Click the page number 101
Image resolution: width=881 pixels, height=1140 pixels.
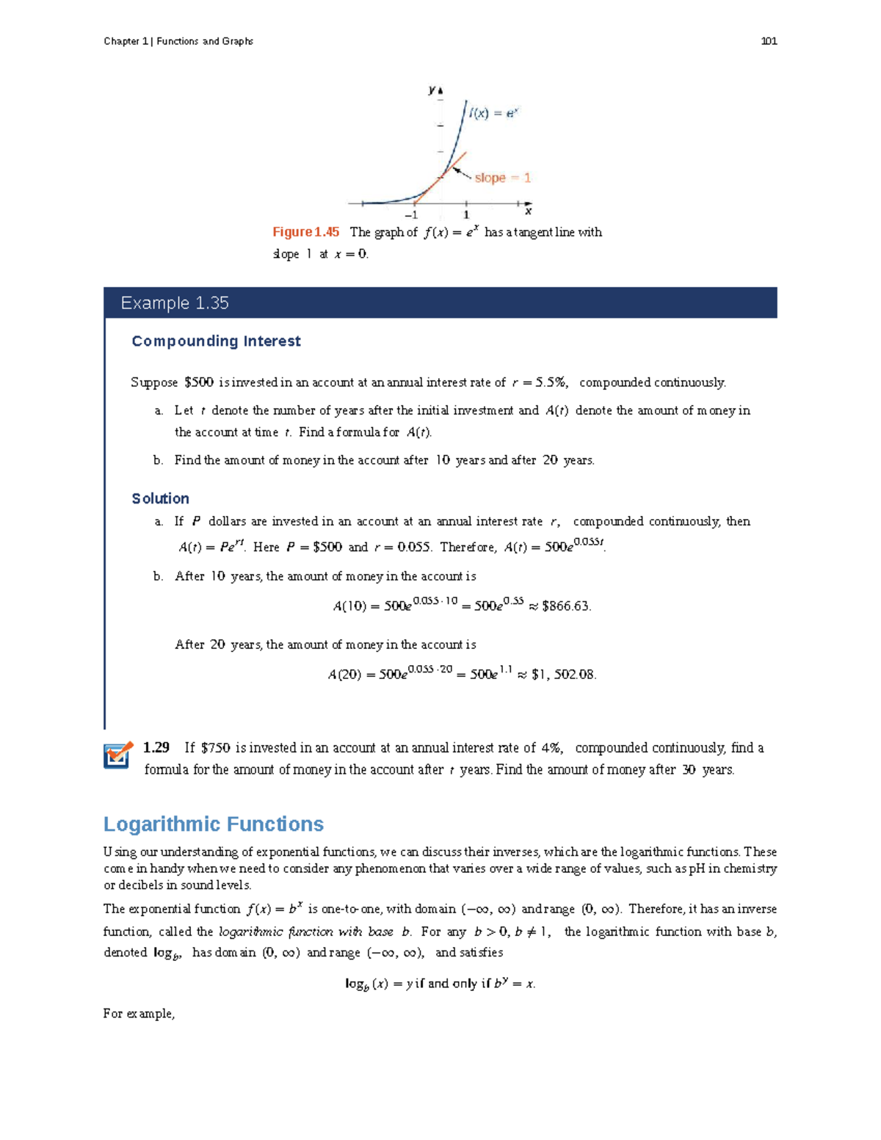[769, 41]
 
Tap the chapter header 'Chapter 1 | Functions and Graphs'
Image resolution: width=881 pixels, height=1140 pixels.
[178, 41]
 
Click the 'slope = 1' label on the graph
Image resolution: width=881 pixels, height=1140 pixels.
[502, 178]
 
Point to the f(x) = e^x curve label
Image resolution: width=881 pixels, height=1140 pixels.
[494, 113]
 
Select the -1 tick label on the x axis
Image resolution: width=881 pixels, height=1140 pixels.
[411, 215]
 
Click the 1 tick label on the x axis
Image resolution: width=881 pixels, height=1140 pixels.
[466, 215]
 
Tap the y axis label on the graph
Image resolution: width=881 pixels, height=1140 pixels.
[432, 90]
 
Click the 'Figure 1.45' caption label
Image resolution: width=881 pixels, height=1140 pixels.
[305, 232]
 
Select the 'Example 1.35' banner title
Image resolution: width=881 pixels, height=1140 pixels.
[175, 303]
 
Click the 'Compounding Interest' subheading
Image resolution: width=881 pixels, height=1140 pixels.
[216, 341]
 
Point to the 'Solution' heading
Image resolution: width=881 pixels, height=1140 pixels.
[160, 498]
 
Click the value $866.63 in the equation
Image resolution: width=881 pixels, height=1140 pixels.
[566, 606]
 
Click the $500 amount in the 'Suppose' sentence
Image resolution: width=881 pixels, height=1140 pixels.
[198, 382]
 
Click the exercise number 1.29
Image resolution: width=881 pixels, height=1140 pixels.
[156, 747]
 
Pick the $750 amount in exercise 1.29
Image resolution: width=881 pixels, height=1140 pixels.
[215, 748]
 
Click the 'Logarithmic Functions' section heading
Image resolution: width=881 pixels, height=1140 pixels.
[214, 824]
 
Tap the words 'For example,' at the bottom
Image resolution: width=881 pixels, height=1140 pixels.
[139, 1014]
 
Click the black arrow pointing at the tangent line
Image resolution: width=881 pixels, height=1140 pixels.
[461, 173]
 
